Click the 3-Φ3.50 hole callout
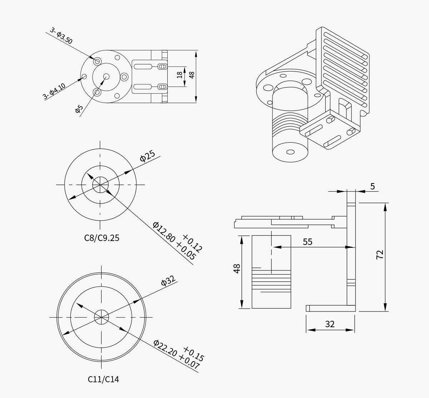pos(61,36)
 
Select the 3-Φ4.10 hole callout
pos(54,91)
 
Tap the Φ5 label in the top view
pos(79,109)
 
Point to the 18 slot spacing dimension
pos(179,75)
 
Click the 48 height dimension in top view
pos(192,75)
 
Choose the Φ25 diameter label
pos(147,156)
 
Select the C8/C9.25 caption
pos(102,238)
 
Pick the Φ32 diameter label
pos(168,280)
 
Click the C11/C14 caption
pos(103,379)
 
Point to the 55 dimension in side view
pos(307,242)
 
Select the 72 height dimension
pos(380,255)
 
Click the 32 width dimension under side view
pos(330,324)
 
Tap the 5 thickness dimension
pos(373,186)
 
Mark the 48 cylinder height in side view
pos(237,269)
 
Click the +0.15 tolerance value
pos(193,354)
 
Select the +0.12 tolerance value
pos(192,243)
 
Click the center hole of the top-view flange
pos(106,76)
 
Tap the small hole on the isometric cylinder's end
pos(291,152)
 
